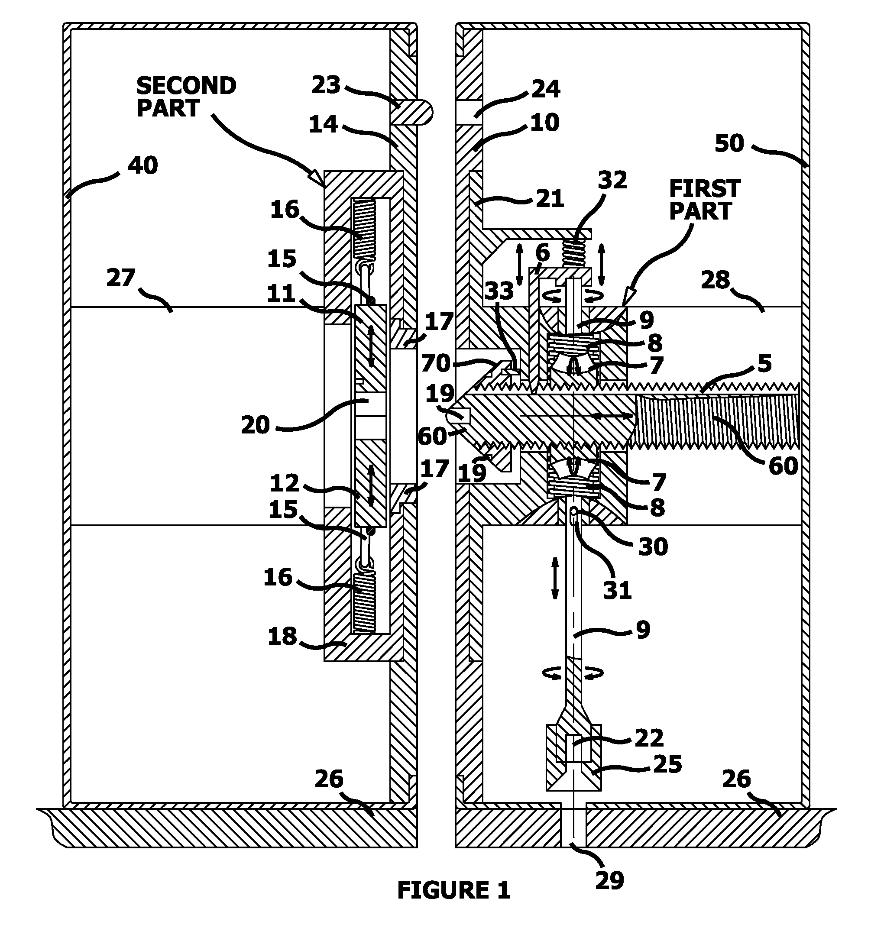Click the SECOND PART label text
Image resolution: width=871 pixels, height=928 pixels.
[186, 97]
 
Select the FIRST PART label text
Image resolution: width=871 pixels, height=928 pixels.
[704, 200]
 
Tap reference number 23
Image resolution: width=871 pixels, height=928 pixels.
[326, 85]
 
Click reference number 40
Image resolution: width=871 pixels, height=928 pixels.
[143, 165]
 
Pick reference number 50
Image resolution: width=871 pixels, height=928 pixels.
[729, 143]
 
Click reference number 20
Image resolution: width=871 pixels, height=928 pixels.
[256, 425]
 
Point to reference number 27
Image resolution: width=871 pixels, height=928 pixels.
[120, 278]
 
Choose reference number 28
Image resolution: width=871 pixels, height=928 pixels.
[715, 280]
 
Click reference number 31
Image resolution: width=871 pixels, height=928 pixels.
[617, 591]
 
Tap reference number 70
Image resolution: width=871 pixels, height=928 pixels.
[436, 363]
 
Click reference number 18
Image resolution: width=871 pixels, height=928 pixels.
[282, 636]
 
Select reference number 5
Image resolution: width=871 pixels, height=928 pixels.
[764, 363]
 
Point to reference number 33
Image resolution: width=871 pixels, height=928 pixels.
[499, 291]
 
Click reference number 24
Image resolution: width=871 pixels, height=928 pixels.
[546, 89]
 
